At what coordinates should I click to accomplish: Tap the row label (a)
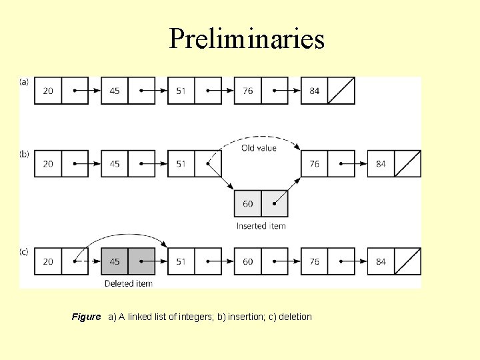click(x=24, y=82)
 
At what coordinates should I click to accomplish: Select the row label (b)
click(x=24, y=154)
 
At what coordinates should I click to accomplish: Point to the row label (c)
click(x=24, y=251)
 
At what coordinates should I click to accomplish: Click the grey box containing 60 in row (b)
click(x=248, y=204)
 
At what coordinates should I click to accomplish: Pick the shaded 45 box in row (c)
click(x=115, y=261)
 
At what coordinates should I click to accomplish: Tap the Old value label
click(x=259, y=147)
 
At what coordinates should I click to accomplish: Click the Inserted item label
click(x=261, y=226)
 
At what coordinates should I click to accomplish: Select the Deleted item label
click(x=128, y=283)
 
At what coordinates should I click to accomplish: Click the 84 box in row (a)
click(x=315, y=91)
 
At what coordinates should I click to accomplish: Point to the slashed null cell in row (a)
click(x=341, y=91)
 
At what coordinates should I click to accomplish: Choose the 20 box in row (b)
click(x=48, y=164)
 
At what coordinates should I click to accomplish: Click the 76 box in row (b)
click(x=315, y=164)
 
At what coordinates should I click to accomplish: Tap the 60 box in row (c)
click(x=248, y=261)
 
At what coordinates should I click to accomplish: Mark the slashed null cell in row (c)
click(x=407, y=261)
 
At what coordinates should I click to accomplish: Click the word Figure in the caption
click(x=86, y=317)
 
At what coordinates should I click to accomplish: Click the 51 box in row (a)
click(x=181, y=91)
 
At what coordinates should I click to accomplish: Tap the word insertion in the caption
click(x=245, y=317)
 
